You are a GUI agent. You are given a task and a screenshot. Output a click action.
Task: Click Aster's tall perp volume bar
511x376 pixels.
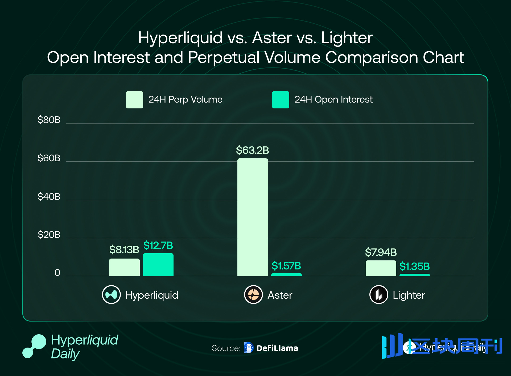coord(253,217)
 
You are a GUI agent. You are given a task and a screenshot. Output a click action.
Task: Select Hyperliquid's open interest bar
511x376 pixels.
coord(158,265)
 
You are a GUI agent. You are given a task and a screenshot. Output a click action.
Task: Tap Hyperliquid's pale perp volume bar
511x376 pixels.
coord(124,267)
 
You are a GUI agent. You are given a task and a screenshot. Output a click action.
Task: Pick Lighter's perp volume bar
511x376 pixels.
coord(381,268)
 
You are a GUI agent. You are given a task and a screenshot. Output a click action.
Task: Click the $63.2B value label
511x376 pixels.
coord(252,150)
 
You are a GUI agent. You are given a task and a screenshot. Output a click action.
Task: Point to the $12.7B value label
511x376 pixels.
coord(158,246)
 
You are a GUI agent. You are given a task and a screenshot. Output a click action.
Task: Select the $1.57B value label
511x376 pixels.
coord(286,266)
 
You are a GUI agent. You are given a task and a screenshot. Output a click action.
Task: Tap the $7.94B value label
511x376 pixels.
coord(381,252)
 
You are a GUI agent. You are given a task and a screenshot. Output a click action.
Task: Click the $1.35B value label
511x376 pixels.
coord(414,266)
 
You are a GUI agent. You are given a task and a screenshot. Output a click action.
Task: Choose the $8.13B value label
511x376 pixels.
coord(124,250)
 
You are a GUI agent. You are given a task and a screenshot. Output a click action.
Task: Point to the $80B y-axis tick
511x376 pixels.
coord(49,120)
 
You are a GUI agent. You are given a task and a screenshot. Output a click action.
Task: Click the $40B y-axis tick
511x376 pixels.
coord(49,197)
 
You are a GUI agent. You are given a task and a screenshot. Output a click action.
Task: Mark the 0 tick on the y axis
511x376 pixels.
coord(57,273)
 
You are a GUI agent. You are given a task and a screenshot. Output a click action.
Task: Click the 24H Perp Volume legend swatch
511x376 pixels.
coord(134,100)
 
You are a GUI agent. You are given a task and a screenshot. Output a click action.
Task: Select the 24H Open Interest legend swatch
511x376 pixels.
coord(281,100)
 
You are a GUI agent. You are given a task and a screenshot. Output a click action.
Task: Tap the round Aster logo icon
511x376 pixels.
coord(253,294)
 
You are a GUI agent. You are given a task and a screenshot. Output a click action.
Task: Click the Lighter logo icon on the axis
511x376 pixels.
coord(378,294)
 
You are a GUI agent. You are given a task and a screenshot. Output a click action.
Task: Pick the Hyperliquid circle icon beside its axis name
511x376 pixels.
coord(111,294)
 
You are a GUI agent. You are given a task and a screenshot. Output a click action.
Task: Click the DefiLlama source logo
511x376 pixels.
coord(249,348)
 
